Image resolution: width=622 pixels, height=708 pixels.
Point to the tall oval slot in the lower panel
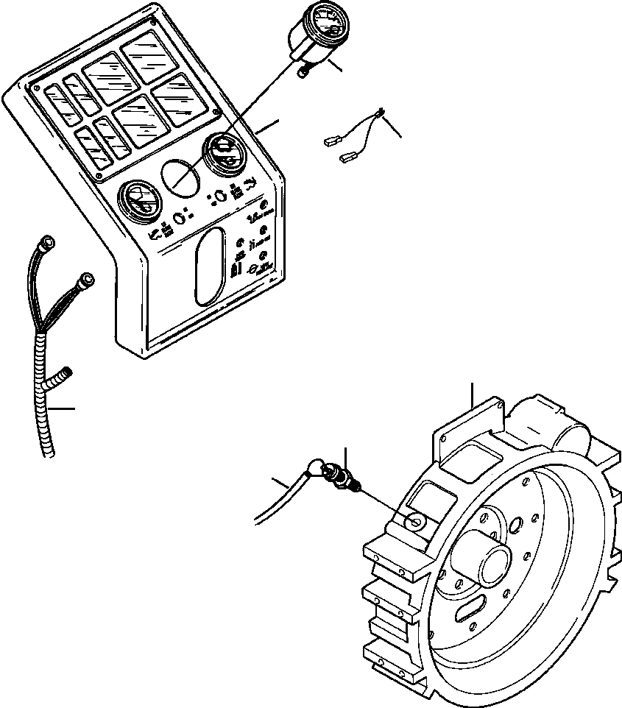[208, 266]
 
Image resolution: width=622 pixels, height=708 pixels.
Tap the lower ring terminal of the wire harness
[88, 278]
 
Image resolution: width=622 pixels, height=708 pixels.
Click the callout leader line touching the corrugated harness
[63, 408]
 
